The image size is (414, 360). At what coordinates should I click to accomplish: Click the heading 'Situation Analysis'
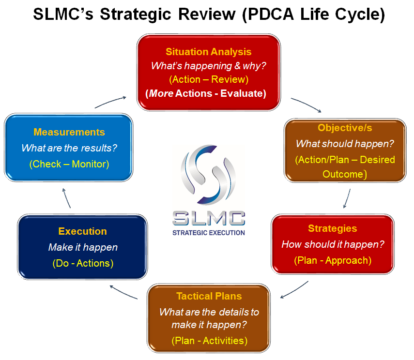pyautogui.click(x=209, y=52)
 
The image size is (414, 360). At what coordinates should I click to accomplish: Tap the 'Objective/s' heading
pyautogui.click(x=345, y=128)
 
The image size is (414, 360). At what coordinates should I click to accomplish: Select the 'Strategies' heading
pyautogui.click(x=332, y=228)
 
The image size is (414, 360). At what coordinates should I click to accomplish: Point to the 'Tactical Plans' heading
pyautogui.click(x=209, y=296)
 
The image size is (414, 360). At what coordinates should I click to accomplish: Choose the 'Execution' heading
pyautogui.click(x=82, y=231)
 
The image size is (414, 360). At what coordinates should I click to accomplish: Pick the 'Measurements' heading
pyautogui.click(x=69, y=132)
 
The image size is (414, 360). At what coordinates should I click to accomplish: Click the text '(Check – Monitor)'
pyautogui.click(x=69, y=164)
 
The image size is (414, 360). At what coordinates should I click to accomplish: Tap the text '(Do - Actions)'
pyautogui.click(x=82, y=263)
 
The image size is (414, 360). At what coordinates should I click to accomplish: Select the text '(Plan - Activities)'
pyautogui.click(x=209, y=341)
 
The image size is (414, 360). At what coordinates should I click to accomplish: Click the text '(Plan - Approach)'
pyautogui.click(x=332, y=260)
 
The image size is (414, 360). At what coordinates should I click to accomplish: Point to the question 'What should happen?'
pyautogui.click(x=345, y=144)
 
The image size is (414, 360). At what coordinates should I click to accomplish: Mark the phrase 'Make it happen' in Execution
pyautogui.click(x=82, y=247)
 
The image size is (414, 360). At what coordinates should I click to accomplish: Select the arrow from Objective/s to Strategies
pyautogui.click(x=347, y=198)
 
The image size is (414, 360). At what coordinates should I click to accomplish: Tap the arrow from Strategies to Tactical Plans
pyautogui.click(x=294, y=289)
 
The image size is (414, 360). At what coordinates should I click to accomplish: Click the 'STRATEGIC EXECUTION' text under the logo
pyautogui.click(x=209, y=233)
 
